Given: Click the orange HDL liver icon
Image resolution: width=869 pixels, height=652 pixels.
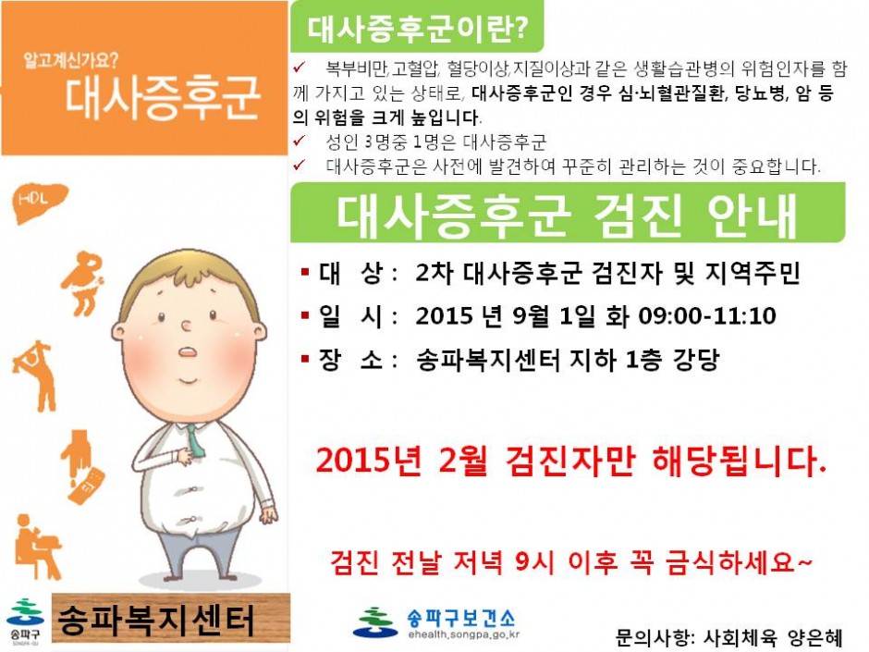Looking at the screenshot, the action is coord(40,202).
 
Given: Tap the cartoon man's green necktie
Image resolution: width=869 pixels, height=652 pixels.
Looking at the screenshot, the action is coord(194,441).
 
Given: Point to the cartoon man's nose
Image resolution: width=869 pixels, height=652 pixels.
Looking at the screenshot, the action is coord(186,326).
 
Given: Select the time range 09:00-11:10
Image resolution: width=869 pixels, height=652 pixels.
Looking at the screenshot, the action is coord(706,316).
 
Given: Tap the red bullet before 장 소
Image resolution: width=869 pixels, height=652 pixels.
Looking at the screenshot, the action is coord(305,359).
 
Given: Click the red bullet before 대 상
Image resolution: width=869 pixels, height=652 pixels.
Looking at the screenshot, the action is coord(305,272).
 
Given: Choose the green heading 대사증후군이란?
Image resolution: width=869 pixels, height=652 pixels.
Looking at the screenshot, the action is coord(417,29).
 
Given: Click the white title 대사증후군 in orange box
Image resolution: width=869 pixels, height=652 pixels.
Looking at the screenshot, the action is coord(163,98).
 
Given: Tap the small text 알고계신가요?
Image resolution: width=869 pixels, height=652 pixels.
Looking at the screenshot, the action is coord(71,60).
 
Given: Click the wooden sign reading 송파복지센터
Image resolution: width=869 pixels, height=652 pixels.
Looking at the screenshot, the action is coord(171,618).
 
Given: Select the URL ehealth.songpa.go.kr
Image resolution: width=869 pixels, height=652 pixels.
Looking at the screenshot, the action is coord(464,634).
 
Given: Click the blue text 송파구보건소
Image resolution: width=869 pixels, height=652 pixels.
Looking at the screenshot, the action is coord(461,617).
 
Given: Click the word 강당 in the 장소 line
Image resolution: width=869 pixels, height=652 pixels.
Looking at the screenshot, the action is coord(696,360).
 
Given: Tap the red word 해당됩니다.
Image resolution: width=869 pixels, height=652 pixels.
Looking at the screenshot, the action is coord(739,461).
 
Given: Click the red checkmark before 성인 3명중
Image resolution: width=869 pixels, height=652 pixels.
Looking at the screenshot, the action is coord(300,141).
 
